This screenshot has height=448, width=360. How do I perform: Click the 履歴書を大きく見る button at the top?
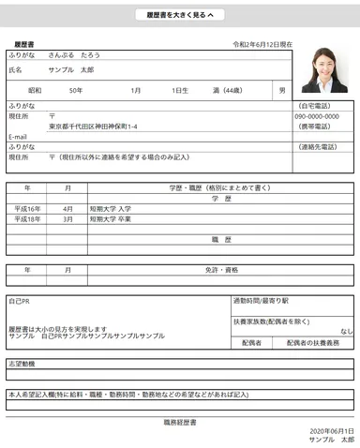(179, 15)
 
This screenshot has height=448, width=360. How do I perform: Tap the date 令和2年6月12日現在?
(262, 44)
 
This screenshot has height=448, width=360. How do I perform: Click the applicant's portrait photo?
(324, 70)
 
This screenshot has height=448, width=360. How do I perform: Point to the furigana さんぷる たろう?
(74, 55)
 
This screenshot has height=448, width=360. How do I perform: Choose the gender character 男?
(282, 90)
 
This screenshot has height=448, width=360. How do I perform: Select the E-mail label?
(19, 137)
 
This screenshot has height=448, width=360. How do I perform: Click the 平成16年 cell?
(27, 208)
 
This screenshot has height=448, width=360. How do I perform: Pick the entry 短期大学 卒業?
(111, 218)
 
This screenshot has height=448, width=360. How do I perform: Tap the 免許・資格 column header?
(221, 270)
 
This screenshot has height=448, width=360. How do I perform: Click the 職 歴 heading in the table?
(221, 240)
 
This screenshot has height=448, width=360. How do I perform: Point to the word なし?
(347, 331)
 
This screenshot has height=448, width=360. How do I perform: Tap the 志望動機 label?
(22, 363)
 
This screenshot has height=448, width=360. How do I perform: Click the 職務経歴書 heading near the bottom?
(180, 423)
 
